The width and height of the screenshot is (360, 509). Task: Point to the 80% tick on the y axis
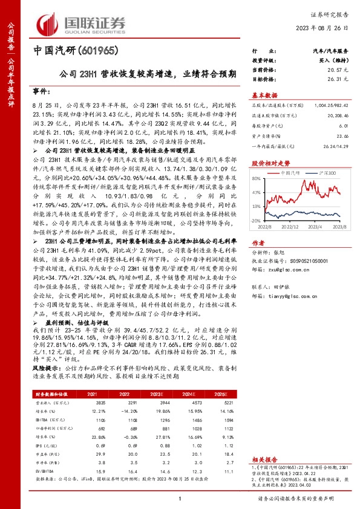(x=257, y=178)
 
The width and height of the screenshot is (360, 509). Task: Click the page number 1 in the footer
(x=180, y=498)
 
